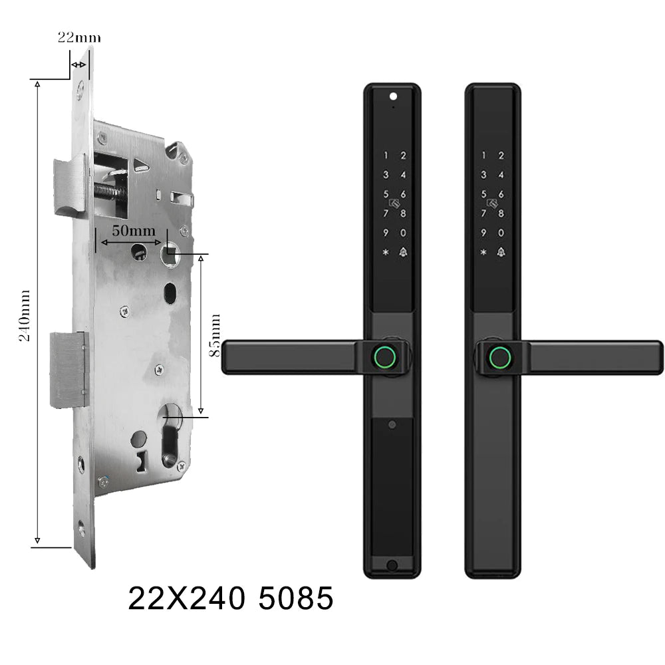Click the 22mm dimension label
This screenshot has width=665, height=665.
click(x=79, y=38)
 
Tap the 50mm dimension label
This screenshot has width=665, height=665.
click(x=134, y=231)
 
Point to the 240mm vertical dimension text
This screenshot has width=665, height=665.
click(x=25, y=315)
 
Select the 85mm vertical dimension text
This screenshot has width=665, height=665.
click(x=216, y=335)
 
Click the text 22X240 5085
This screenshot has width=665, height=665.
click(x=231, y=598)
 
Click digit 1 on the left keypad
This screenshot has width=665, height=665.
click(x=386, y=156)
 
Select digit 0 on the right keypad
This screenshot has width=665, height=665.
click(x=501, y=233)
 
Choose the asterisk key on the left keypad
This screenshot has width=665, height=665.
click(x=386, y=252)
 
